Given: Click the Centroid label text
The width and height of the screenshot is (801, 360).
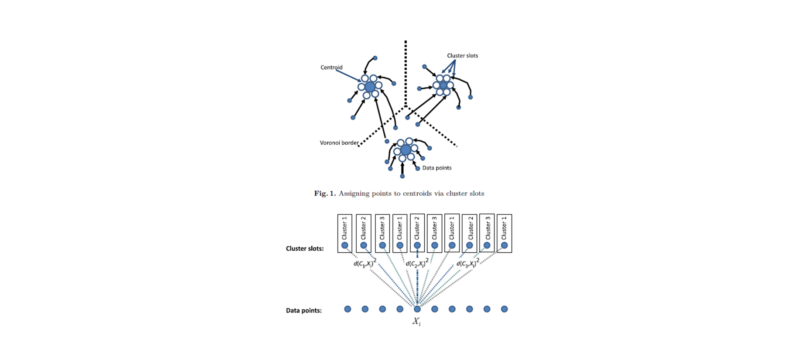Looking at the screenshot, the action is tap(331, 67).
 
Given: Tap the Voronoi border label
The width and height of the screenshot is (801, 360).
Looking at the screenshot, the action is tap(339, 143).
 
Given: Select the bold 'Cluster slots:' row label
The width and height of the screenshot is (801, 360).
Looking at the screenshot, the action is tap(305, 248).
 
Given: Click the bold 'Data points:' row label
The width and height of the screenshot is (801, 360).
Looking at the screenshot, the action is tap(304, 310).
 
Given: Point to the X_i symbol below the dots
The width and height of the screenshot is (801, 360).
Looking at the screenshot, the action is tap(417, 322).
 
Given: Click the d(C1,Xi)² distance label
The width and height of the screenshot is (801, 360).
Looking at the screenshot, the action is tap(365, 263).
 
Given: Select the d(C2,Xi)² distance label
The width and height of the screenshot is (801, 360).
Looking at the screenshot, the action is tap(417, 263).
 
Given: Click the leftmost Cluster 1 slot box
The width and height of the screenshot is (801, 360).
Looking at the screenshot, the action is tap(344, 233).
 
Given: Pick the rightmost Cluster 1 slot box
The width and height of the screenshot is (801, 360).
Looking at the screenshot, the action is tap(504, 233).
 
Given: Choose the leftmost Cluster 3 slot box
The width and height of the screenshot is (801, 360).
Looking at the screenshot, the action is tap(382, 233).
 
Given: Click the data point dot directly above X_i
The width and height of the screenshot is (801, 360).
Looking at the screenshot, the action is tap(417, 309).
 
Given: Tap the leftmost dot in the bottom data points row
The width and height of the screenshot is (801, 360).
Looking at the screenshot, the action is tap(348, 309).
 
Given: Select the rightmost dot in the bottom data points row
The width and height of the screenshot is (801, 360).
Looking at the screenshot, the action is tap(504, 309).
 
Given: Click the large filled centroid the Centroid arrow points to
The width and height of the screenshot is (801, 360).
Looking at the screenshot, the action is tap(370, 87).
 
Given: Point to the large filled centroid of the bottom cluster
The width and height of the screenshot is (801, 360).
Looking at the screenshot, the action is tap(406, 150).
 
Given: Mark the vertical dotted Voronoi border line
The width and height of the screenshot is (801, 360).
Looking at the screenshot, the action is tap(406, 73).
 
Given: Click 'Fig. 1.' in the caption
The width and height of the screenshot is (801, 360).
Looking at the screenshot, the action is tap(325, 194).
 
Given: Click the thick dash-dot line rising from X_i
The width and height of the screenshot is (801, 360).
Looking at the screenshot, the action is tap(417, 277).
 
